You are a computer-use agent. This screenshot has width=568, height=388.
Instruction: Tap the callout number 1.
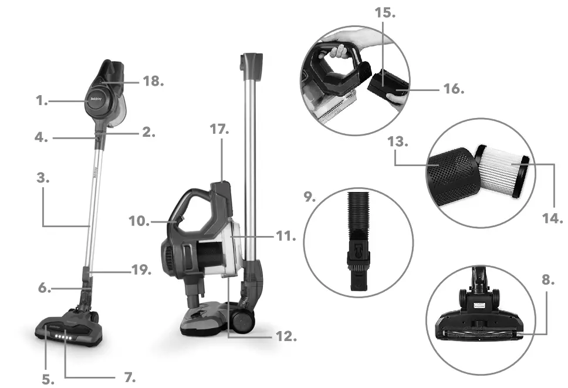click(41, 101)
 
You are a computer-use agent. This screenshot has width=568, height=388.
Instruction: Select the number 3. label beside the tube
click(42, 178)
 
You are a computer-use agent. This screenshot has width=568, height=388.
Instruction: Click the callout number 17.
click(219, 130)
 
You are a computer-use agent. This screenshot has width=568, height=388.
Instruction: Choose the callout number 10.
click(138, 221)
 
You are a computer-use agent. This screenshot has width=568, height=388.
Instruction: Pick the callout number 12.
click(286, 337)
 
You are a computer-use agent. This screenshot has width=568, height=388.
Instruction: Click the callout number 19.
click(140, 271)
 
